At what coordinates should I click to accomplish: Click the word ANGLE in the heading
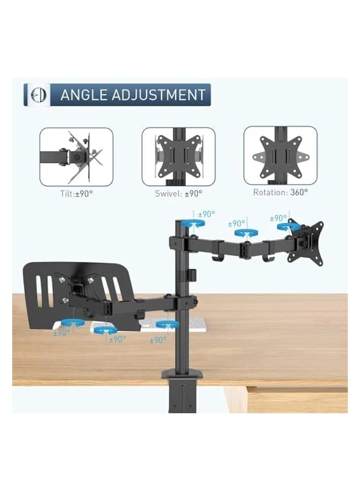click(x=83, y=95)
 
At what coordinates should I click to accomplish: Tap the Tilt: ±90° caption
click(x=76, y=193)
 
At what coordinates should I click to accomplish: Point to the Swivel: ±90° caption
click(x=178, y=193)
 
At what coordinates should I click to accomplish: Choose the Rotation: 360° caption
click(x=280, y=192)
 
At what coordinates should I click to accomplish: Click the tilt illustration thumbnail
click(x=76, y=157)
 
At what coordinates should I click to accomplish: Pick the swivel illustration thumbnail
click(x=178, y=157)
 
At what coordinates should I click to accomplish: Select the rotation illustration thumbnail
click(x=280, y=156)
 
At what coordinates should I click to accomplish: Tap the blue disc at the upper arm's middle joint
click(x=245, y=233)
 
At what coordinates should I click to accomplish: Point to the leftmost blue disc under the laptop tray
click(x=71, y=322)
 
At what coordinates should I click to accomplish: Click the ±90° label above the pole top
click(x=206, y=214)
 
